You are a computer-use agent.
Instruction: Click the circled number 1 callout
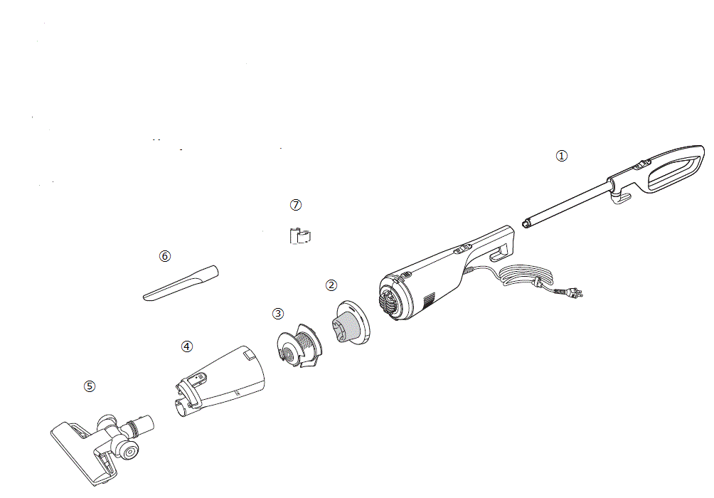[x=561, y=156]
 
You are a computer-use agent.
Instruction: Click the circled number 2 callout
[x=331, y=285]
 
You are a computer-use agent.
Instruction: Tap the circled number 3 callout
[x=278, y=314]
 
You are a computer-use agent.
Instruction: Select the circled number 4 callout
[x=187, y=346]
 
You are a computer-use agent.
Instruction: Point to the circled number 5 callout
[x=90, y=386]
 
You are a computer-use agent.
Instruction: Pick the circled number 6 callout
[x=165, y=256]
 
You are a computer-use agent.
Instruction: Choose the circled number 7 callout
[x=296, y=205]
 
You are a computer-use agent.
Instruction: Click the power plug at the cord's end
[x=575, y=292]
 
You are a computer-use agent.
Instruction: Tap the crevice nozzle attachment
[x=181, y=283]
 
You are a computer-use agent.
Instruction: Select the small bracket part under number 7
[x=299, y=236]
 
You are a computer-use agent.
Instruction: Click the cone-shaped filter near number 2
[x=350, y=322]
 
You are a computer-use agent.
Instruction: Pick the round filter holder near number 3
[x=298, y=346]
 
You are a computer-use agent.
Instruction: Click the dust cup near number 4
[x=220, y=381]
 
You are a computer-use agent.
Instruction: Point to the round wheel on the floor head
[x=129, y=451]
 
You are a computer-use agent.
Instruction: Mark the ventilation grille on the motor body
[x=430, y=301]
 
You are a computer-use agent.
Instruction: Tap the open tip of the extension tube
[x=526, y=223]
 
